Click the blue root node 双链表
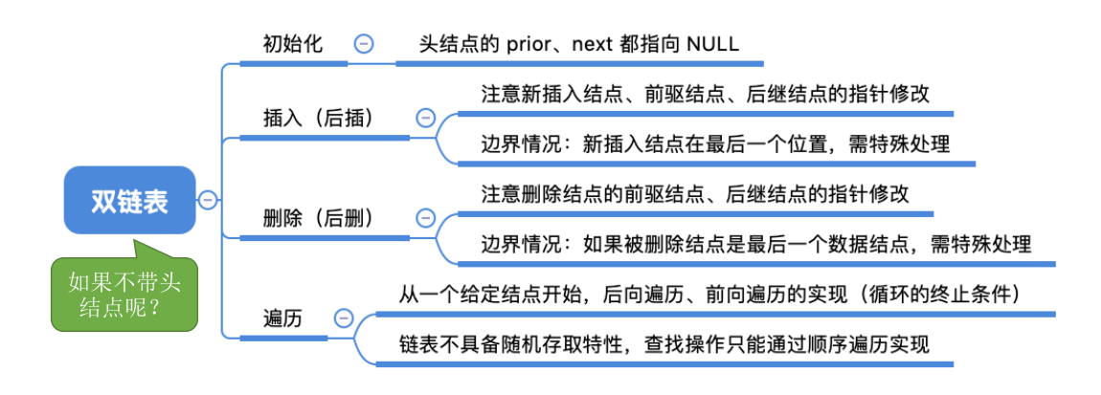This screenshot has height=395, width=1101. pyautogui.click(x=129, y=200)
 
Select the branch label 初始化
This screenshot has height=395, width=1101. pyautogui.click(x=293, y=44)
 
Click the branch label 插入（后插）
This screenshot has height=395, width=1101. pyautogui.click(x=318, y=118)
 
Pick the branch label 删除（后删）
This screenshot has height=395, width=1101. pyautogui.click(x=318, y=218)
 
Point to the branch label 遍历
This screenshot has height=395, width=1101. pyautogui.click(x=282, y=319)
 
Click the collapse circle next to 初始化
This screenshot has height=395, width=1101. pyautogui.click(x=364, y=44)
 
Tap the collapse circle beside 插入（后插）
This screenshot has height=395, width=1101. pyautogui.click(x=426, y=118)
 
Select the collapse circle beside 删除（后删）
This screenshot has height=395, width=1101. pyautogui.click(x=426, y=218)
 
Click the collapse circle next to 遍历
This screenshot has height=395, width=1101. pyautogui.click(x=342, y=319)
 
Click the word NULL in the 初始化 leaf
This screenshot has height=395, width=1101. pyautogui.click(x=711, y=44)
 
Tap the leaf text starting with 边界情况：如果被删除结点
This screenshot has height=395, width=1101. pyautogui.click(x=756, y=244)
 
